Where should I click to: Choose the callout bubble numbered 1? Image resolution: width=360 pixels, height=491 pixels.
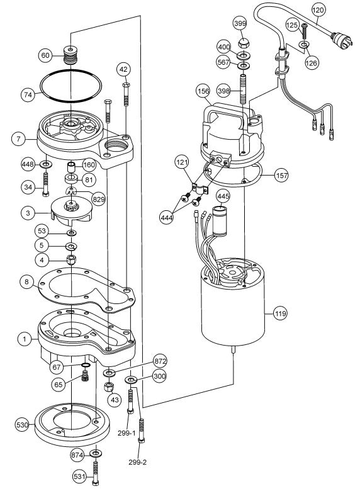pyautogui.click(x=25, y=339)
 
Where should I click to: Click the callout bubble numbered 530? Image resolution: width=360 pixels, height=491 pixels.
pyautogui.click(x=22, y=425)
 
